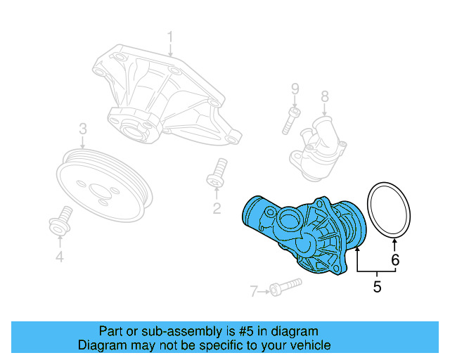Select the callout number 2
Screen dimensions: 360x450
point(217,207)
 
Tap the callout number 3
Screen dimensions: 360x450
point(82,129)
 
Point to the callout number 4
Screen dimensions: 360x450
point(60,258)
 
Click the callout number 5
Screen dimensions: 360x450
point(377,286)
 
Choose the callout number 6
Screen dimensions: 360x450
point(395,259)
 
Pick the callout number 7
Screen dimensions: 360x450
point(254,290)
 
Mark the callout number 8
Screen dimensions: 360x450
point(324,96)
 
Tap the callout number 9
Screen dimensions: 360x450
point(295,89)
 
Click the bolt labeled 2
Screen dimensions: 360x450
point(217,173)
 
